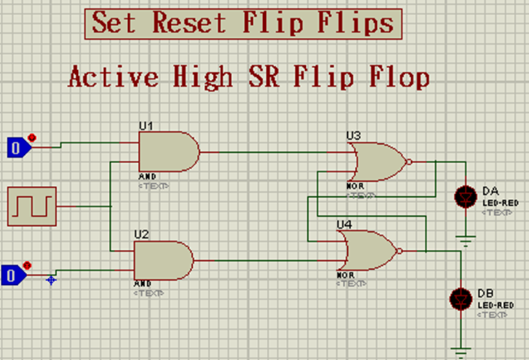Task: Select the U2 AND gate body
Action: pyautogui.click(x=163, y=260)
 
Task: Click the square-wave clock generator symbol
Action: pyautogui.click(x=32, y=206)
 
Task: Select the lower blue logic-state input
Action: pyautogui.click(x=14, y=275)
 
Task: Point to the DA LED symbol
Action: pyautogui.click(x=466, y=197)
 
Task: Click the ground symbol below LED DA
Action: pyautogui.click(x=466, y=241)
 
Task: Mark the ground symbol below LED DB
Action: pyautogui.click(x=459, y=348)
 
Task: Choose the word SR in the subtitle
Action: pyautogui.click(x=264, y=76)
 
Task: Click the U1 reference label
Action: pyautogui.click(x=145, y=125)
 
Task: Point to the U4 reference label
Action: pyautogui.click(x=344, y=224)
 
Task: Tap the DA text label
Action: pyautogui.click(x=490, y=190)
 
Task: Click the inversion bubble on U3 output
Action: pyautogui.click(x=409, y=162)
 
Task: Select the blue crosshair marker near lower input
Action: pyautogui.click(x=51, y=279)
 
